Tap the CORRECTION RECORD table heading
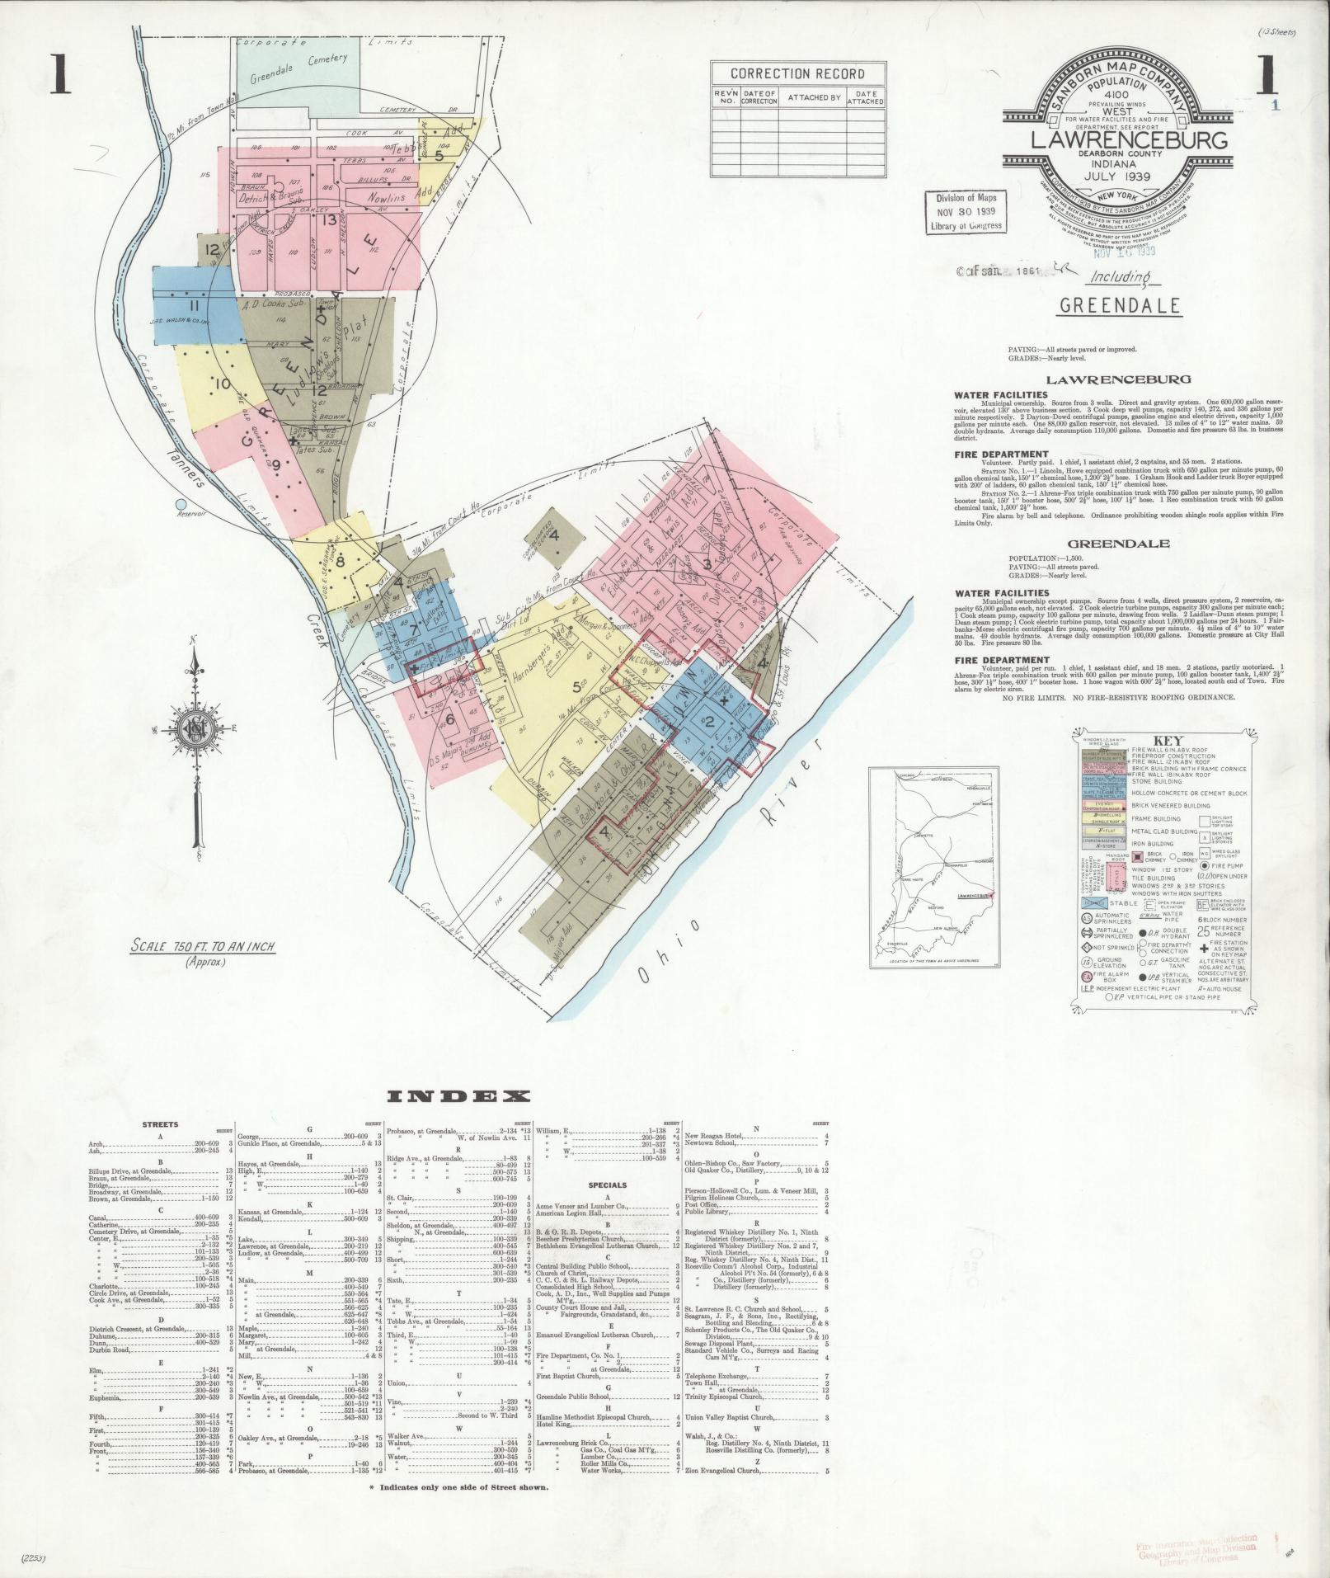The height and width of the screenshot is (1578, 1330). point(797,73)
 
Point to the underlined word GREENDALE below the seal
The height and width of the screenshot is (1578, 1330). point(1119,307)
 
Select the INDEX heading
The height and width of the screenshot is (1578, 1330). point(458,1096)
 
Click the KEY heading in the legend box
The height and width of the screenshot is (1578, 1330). point(1160,741)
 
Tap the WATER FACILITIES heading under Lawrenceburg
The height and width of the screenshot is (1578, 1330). point(989,395)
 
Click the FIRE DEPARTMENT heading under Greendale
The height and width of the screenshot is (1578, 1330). point(990,660)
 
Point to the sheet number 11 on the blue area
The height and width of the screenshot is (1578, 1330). point(195,308)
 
